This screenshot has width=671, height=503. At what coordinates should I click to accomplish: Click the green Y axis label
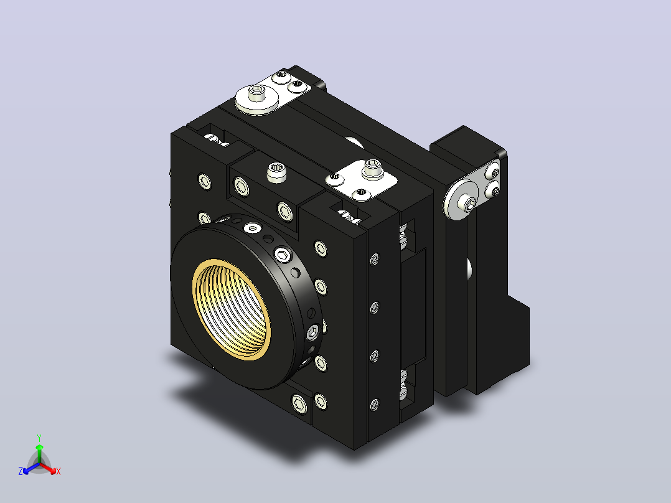point(39,438)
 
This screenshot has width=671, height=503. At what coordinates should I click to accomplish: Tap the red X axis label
point(59,471)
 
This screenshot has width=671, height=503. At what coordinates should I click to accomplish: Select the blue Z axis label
point(21,471)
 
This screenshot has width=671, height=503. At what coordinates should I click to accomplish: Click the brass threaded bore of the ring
point(232,309)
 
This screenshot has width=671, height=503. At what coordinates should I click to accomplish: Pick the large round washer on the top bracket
point(256,100)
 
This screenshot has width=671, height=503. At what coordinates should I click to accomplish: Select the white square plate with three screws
point(361,181)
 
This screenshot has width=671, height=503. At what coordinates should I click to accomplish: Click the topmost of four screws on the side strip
point(375,259)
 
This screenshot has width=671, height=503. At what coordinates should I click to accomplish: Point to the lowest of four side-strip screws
point(375,405)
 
